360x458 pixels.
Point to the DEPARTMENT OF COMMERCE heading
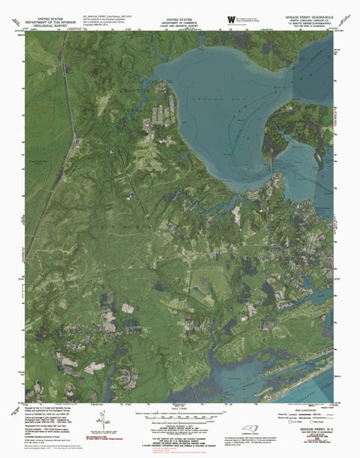click(x=180, y=17)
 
